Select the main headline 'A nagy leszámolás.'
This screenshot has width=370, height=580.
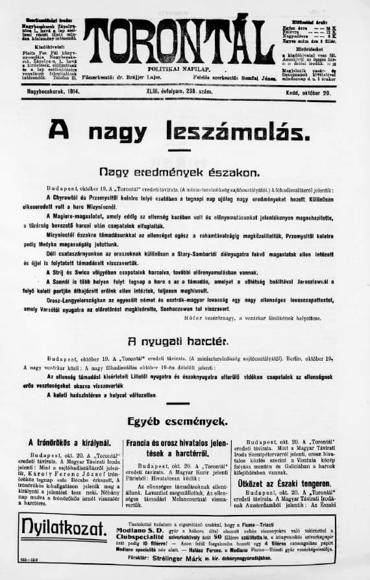(x=179, y=131)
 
